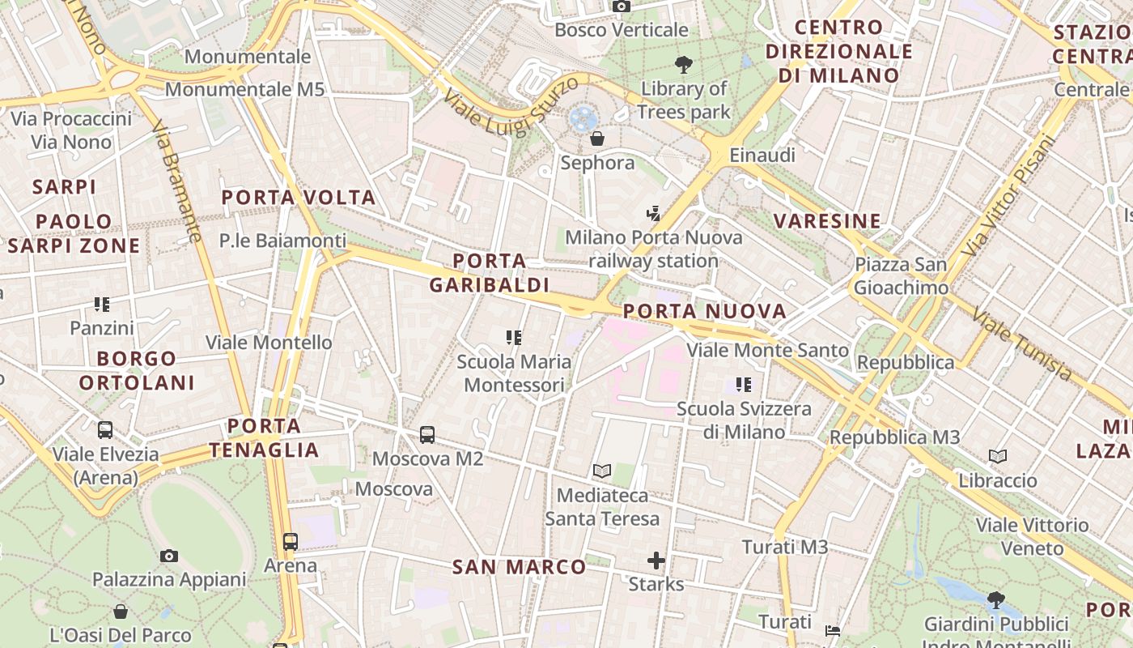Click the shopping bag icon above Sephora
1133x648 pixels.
(597, 139)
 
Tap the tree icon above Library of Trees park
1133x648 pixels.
(684, 65)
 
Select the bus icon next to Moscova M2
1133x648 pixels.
(427, 435)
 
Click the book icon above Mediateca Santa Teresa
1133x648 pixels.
(601, 471)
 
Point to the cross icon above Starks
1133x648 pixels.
(656, 560)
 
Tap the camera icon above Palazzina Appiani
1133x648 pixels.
(168, 556)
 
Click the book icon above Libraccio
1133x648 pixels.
(998, 457)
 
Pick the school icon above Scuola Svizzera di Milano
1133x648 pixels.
(744, 385)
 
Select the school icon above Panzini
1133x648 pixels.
(102, 305)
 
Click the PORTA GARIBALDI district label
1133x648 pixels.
(489, 273)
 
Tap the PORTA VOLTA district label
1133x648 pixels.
(299, 198)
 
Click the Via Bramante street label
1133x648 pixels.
(176, 182)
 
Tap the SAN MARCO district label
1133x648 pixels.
(519, 567)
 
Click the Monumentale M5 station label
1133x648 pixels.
(244, 89)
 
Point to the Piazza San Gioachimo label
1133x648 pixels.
(902, 276)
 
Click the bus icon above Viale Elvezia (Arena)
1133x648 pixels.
(105, 430)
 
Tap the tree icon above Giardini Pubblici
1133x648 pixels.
(995, 600)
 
